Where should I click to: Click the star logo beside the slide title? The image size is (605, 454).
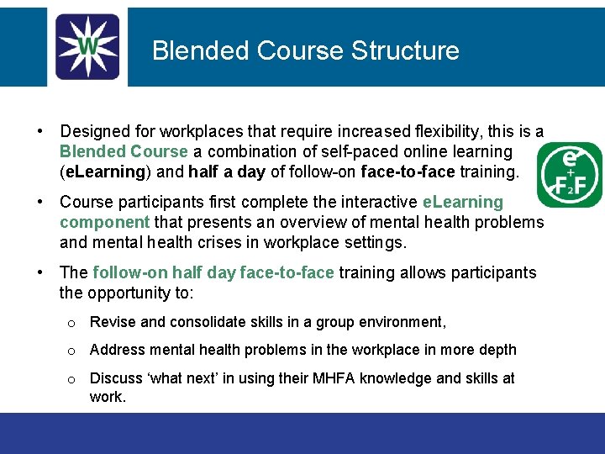[x=87, y=47]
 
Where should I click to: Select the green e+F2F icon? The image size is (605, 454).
[x=571, y=175]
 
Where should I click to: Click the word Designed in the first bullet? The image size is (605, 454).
[x=94, y=132]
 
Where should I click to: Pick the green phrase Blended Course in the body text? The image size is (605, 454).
[x=124, y=152]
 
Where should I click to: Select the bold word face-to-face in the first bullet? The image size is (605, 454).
[x=408, y=172]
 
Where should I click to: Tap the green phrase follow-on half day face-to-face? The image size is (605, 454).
[x=213, y=273]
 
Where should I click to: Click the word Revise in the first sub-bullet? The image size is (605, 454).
[x=110, y=322]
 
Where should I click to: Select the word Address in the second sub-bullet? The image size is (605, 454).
[x=115, y=350]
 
